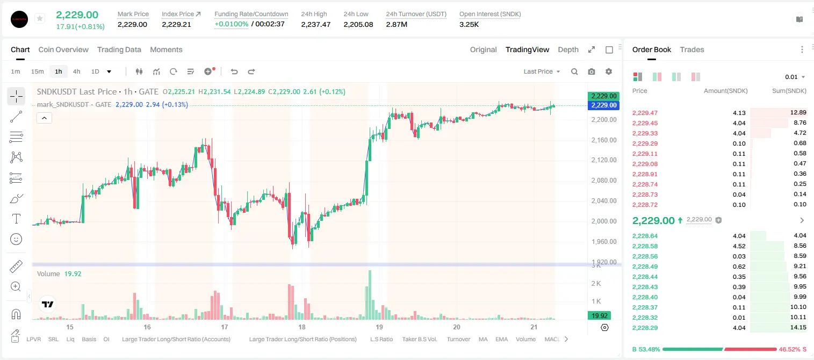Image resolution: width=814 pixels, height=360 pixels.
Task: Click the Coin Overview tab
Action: [x=63, y=49]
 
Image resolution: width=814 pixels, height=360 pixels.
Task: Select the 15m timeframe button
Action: [x=37, y=71]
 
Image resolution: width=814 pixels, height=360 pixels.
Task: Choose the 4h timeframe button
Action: [x=76, y=71]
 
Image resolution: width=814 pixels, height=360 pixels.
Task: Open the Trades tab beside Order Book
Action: [x=692, y=49]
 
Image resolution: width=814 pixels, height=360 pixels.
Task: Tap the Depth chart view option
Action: [x=568, y=49]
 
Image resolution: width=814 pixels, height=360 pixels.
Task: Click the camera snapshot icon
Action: [x=592, y=71]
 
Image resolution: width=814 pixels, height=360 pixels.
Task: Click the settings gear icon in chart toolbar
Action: [x=609, y=71]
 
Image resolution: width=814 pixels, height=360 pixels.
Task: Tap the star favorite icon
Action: [x=40, y=18]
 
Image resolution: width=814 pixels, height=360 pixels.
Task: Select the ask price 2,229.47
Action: [x=645, y=113]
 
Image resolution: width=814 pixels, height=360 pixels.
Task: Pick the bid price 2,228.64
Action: [x=645, y=236]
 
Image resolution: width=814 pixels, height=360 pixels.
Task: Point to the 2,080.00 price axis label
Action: [x=604, y=180]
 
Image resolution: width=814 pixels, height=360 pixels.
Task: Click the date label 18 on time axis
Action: [x=301, y=327]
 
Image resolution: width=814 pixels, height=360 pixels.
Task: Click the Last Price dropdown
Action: [x=542, y=71]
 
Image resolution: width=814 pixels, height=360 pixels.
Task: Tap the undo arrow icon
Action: [x=234, y=71]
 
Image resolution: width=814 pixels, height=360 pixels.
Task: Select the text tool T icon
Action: [x=16, y=219]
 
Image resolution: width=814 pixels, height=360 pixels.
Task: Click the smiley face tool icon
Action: [x=16, y=239]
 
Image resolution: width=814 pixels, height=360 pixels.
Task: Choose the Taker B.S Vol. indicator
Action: [x=419, y=339]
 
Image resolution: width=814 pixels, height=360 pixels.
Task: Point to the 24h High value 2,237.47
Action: [x=315, y=24]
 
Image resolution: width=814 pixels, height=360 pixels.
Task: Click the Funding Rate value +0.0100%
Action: [x=231, y=24]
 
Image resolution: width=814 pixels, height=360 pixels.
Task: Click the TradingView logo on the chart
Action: [x=48, y=304]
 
